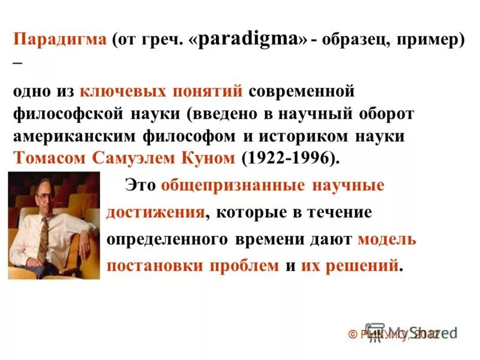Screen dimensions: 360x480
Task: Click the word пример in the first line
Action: click(430, 41)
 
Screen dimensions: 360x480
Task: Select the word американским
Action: click(75, 136)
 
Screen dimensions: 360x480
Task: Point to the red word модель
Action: click(386, 239)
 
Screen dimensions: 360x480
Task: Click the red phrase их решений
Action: click(349, 266)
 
